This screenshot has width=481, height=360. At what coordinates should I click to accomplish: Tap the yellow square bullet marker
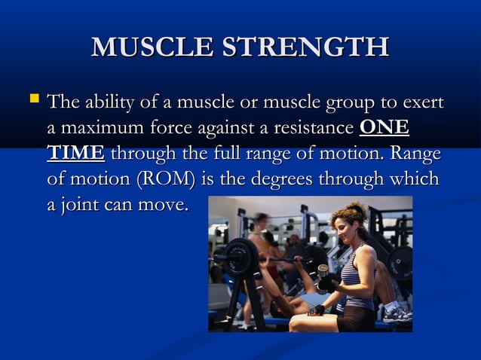[32, 98]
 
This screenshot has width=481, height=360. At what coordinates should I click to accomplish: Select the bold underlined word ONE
[384, 127]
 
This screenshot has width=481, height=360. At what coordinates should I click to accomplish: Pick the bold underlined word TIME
[75, 154]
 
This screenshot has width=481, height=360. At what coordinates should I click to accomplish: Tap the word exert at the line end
[424, 102]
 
